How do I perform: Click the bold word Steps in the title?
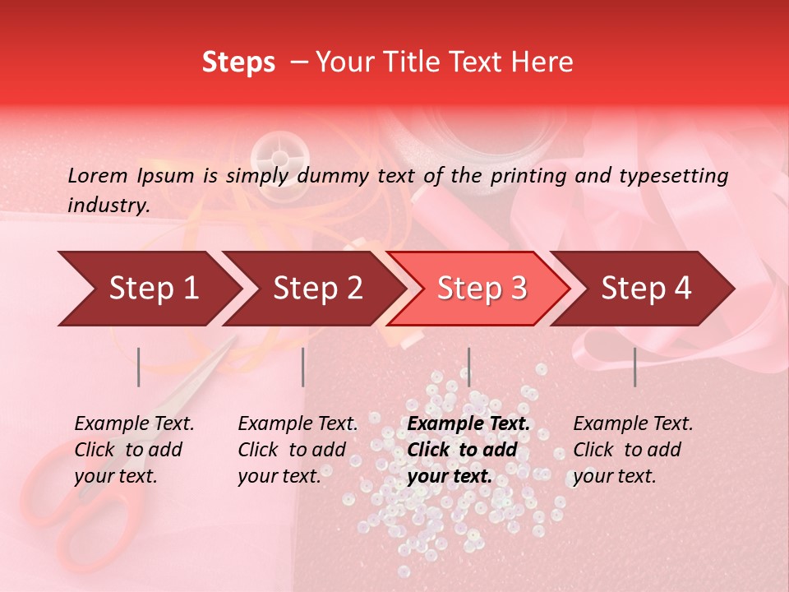click(x=238, y=62)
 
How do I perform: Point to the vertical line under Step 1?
click(x=139, y=367)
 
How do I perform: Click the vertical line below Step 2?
click(x=303, y=367)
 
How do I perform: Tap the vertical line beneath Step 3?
click(x=468, y=367)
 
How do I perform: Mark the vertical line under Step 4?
click(x=634, y=367)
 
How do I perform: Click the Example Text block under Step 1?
click(x=134, y=450)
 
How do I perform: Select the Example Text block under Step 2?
click(x=298, y=450)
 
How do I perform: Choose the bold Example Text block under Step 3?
click(x=468, y=450)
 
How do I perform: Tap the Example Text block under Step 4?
click(x=633, y=450)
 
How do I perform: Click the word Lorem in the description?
click(x=97, y=176)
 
